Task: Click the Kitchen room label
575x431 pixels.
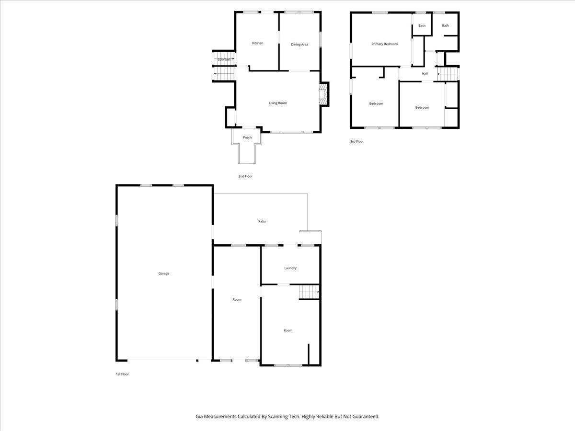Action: pos(257,43)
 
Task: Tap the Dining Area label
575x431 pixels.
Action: pos(299,45)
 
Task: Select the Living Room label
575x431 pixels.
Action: pos(277,103)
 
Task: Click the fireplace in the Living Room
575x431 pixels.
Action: pos(324,94)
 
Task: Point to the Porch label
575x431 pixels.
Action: pos(247,137)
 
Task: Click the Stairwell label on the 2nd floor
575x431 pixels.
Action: pos(224,59)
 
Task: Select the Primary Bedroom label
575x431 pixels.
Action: pos(384,44)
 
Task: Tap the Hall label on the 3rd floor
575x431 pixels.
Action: pos(425,73)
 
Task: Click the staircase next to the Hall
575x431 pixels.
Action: pos(448,74)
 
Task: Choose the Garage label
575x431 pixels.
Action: pos(164,273)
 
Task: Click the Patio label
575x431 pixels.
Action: pos(262,221)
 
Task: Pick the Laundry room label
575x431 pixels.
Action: pos(290,268)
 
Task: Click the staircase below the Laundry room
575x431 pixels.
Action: pos(309,292)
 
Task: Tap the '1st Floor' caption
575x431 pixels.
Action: pos(122,374)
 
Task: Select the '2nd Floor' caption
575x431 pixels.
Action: pos(245,176)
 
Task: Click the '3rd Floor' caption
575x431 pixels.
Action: pos(356,141)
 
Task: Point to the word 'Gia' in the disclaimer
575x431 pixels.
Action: pos(199,417)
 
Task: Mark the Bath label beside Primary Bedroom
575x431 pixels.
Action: pos(422,26)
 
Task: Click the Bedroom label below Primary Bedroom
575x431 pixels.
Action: pos(376,103)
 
